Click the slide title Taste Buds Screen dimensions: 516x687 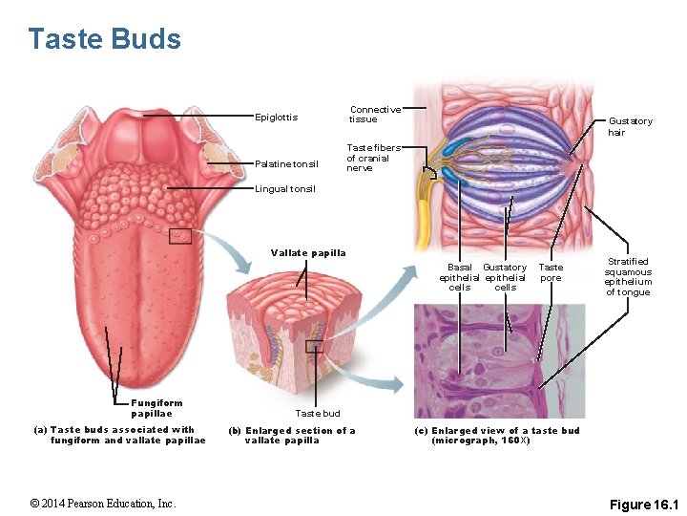coord(104,39)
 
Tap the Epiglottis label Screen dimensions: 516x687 coord(277,118)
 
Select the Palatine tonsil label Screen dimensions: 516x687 coord(286,163)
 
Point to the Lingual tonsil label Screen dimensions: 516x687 coord(285,189)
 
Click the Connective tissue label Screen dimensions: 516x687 coord(374,115)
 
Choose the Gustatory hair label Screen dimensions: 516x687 coord(630,126)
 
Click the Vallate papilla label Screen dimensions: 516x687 coord(308,252)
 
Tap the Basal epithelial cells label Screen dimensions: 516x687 coord(459,277)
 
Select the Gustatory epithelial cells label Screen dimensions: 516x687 coord(505,277)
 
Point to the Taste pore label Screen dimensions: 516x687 coord(551,272)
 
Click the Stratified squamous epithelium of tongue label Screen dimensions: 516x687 coord(628,276)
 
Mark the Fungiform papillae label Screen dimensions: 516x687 coord(156,408)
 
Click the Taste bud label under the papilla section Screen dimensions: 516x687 coord(317,414)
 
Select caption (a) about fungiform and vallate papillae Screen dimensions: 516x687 coord(120,435)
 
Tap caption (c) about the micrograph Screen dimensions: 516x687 coord(496,436)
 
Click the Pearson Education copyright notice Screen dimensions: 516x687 coord(102,504)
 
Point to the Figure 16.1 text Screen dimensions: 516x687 coord(642,504)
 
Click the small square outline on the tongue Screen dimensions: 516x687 coord(179,236)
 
